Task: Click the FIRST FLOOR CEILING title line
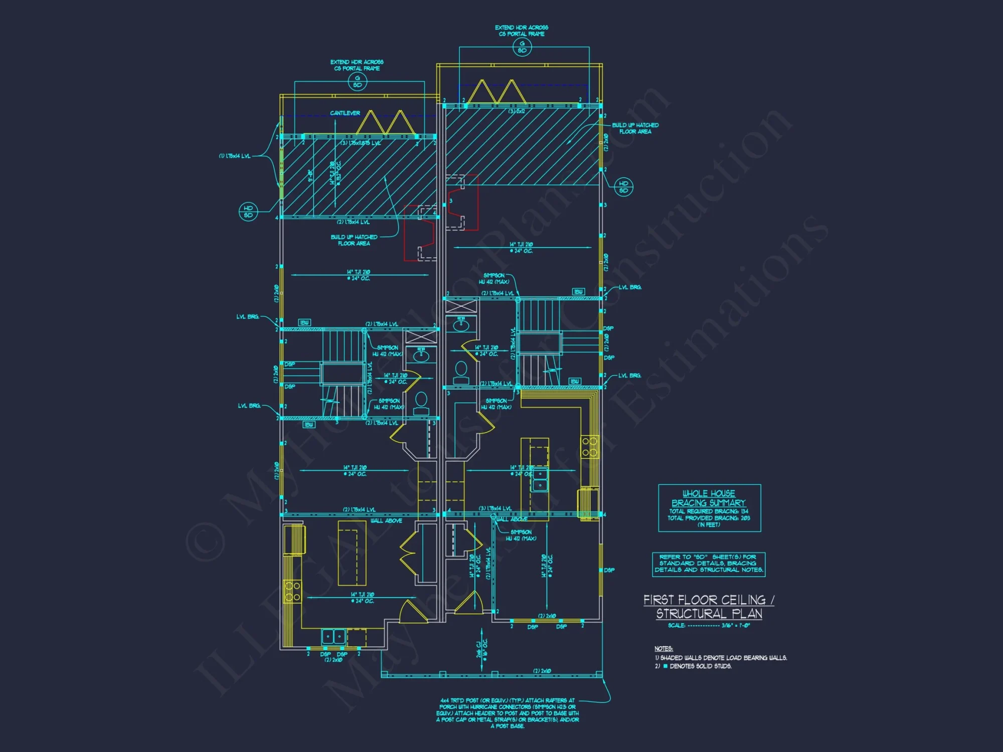coord(708,600)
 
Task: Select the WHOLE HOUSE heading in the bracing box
coord(709,494)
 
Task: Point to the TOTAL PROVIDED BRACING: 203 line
coord(709,518)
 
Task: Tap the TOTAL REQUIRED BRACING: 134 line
coord(709,511)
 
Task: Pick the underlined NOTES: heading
coord(663,649)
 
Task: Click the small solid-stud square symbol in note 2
coord(665,666)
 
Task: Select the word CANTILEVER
coord(345,113)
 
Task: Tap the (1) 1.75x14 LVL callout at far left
coord(235,156)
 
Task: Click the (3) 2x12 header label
coord(517,111)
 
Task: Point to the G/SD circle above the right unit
coord(522,47)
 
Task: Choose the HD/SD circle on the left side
coord(248,212)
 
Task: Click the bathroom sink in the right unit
coord(461,325)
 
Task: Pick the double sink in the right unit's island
coord(540,479)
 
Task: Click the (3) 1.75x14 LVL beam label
coord(495,508)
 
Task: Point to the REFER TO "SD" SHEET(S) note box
coord(709,563)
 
